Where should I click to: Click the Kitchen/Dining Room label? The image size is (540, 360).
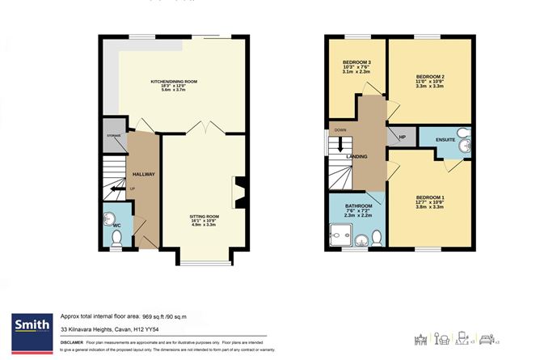tap(179, 82)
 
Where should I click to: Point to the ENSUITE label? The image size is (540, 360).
tap(445, 140)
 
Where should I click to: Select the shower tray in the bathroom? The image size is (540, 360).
tap(340, 236)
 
